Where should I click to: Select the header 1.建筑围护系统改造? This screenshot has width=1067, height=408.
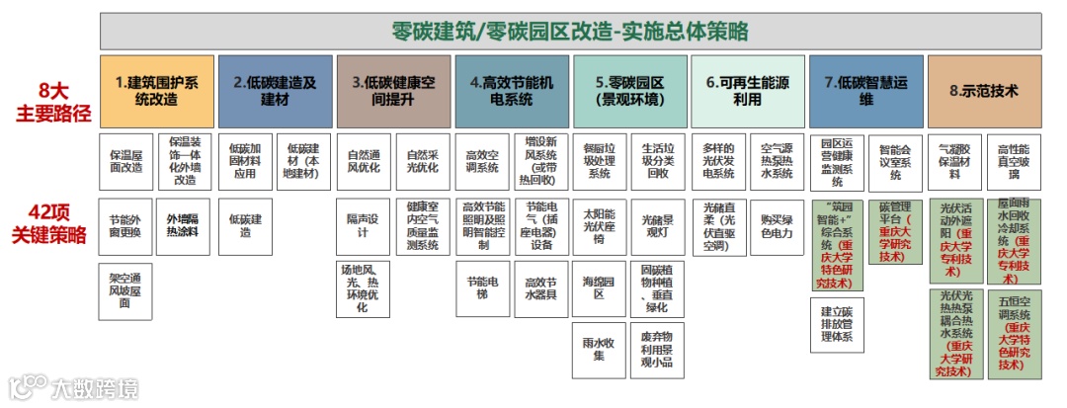coord(156,91)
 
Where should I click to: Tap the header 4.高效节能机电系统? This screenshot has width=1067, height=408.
coord(512,91)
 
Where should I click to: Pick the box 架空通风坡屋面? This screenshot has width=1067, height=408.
coord(125,290)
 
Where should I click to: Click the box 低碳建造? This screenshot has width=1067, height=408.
coord(244,225)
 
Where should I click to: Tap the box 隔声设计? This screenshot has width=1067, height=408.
coord(363,225)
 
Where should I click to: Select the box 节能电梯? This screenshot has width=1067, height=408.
coord(481,288)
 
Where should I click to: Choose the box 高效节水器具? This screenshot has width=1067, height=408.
coord(541,288)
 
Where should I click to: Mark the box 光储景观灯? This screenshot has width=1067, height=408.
coord(658,225)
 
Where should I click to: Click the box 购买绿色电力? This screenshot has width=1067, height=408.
coord(777,225)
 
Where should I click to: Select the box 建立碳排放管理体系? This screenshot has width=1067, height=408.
coord(837,323)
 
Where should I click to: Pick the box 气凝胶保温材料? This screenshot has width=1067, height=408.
coord(955,160)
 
